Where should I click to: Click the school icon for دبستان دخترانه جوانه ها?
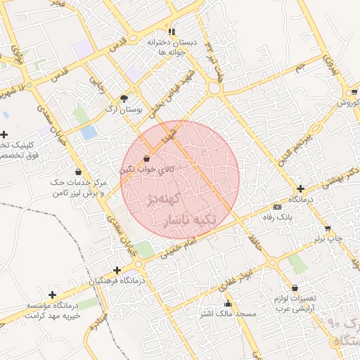click(172, 32)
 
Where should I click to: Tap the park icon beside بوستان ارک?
click(124, 98)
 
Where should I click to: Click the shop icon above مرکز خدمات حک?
click(77, 172)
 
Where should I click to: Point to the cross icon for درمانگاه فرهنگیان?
click(117, 270)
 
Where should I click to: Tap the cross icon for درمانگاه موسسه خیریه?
click(51, 295)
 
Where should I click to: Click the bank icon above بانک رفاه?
click(277, 207)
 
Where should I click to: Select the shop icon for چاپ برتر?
click(328, 229)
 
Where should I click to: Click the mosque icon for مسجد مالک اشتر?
click(227, 303)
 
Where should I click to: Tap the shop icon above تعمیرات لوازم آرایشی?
click(294, 288)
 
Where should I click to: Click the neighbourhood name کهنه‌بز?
click(166, 200)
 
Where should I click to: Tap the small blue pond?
click(89, 132)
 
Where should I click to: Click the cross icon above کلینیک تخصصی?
click(5, 134)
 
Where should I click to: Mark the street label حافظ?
click(254, 240)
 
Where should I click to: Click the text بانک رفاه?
click(277, 217)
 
